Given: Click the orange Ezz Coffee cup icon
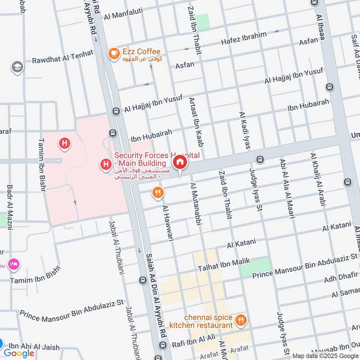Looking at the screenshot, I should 113,54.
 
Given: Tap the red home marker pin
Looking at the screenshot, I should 180,162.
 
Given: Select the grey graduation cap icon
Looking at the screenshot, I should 17,67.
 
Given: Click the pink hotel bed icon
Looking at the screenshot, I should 13,264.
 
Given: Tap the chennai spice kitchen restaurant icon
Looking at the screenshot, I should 241,320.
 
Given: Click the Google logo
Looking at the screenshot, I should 19,353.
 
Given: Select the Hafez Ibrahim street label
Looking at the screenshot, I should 243,38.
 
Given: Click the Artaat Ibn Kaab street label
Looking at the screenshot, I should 196,122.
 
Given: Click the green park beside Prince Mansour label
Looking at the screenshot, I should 255,267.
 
